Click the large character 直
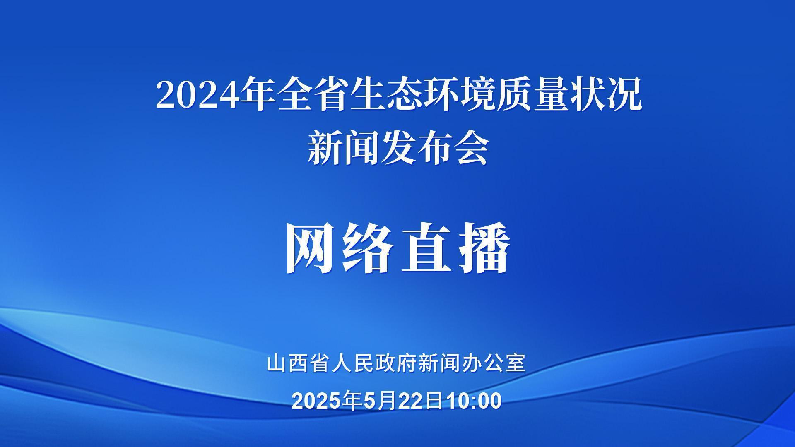pos(426,248)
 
